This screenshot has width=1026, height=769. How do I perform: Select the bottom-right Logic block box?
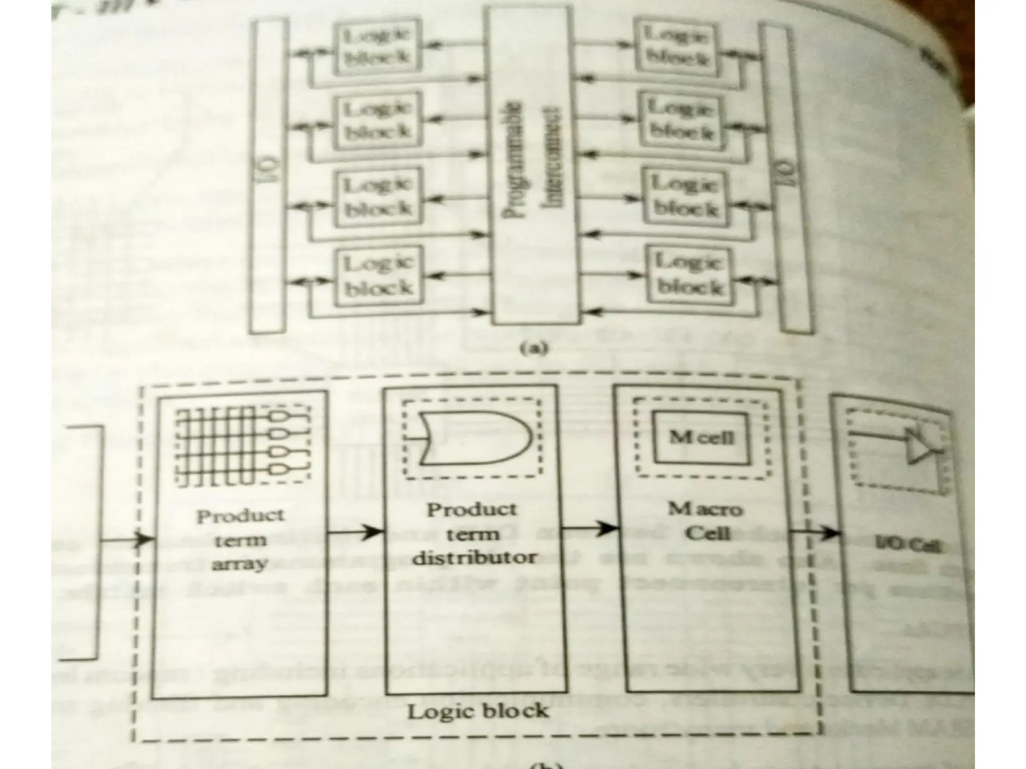click(x=690, y=275)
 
